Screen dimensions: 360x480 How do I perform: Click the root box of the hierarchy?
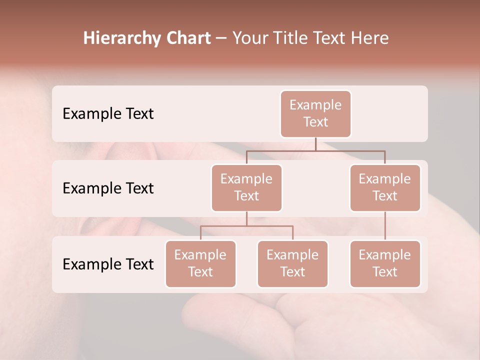[x=315, y=113]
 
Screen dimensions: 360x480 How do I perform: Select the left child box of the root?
[x=246, y=187]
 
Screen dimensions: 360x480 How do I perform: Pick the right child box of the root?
[x=385, y=187]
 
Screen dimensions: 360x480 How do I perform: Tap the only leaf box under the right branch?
[x=385, y=263]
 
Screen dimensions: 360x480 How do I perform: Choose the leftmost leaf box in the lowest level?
[x=200, y=263]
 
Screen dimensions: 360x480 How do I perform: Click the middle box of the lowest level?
[x=292, y=263]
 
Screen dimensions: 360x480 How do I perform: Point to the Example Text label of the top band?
[x=108, y=113]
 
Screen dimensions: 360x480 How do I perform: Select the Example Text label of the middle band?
[x=108, y=188]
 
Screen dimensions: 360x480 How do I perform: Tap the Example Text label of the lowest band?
[x=108, y=264]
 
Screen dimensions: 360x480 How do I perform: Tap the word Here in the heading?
[x=369, y=38]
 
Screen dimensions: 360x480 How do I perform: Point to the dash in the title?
[x=221, y=38]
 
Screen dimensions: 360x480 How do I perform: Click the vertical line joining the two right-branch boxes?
[x=385, y=226]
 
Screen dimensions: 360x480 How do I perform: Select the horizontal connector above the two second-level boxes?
[x=315, y=150]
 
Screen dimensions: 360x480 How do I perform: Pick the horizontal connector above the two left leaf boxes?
[x=246, y=226]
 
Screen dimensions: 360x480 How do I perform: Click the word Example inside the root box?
[x=315, y=105]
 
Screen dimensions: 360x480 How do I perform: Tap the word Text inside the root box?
[x=315, y=122]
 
